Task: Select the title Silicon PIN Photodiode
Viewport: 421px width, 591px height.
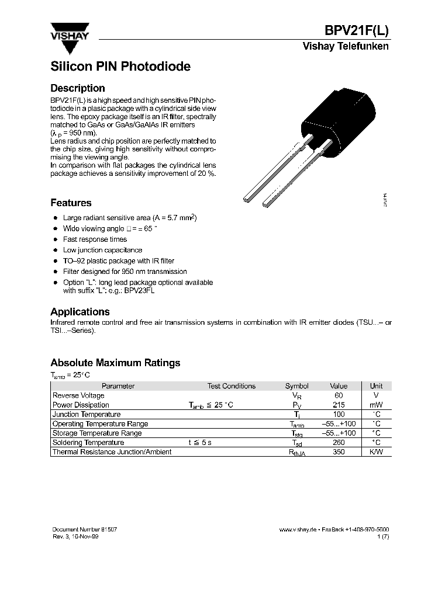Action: (x=120, y=67)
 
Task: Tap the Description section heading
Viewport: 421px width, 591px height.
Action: (x=78, y=88)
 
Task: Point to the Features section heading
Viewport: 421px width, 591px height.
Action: (x=71, y=203)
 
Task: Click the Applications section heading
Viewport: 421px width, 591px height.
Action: (x=80, y=312)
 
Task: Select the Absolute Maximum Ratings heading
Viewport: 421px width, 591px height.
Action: (x=115, y=363)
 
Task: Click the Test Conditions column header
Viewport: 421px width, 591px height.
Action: (x=231, y=386)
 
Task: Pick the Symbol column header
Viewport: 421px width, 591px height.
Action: (x=296, y=386)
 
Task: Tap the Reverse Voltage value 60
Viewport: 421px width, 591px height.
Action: (x=338, y=395)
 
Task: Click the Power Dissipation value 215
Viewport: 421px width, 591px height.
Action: (x=338, y=405)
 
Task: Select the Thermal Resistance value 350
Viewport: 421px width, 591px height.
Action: (x=338, y=452)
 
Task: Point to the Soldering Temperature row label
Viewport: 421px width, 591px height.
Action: (x=88, y=443)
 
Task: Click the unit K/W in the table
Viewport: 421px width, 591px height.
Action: (x=377, y=452)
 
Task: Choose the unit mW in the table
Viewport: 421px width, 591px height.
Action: (x=377, y=405)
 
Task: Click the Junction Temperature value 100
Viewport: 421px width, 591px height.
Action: (x=338, y=414)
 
